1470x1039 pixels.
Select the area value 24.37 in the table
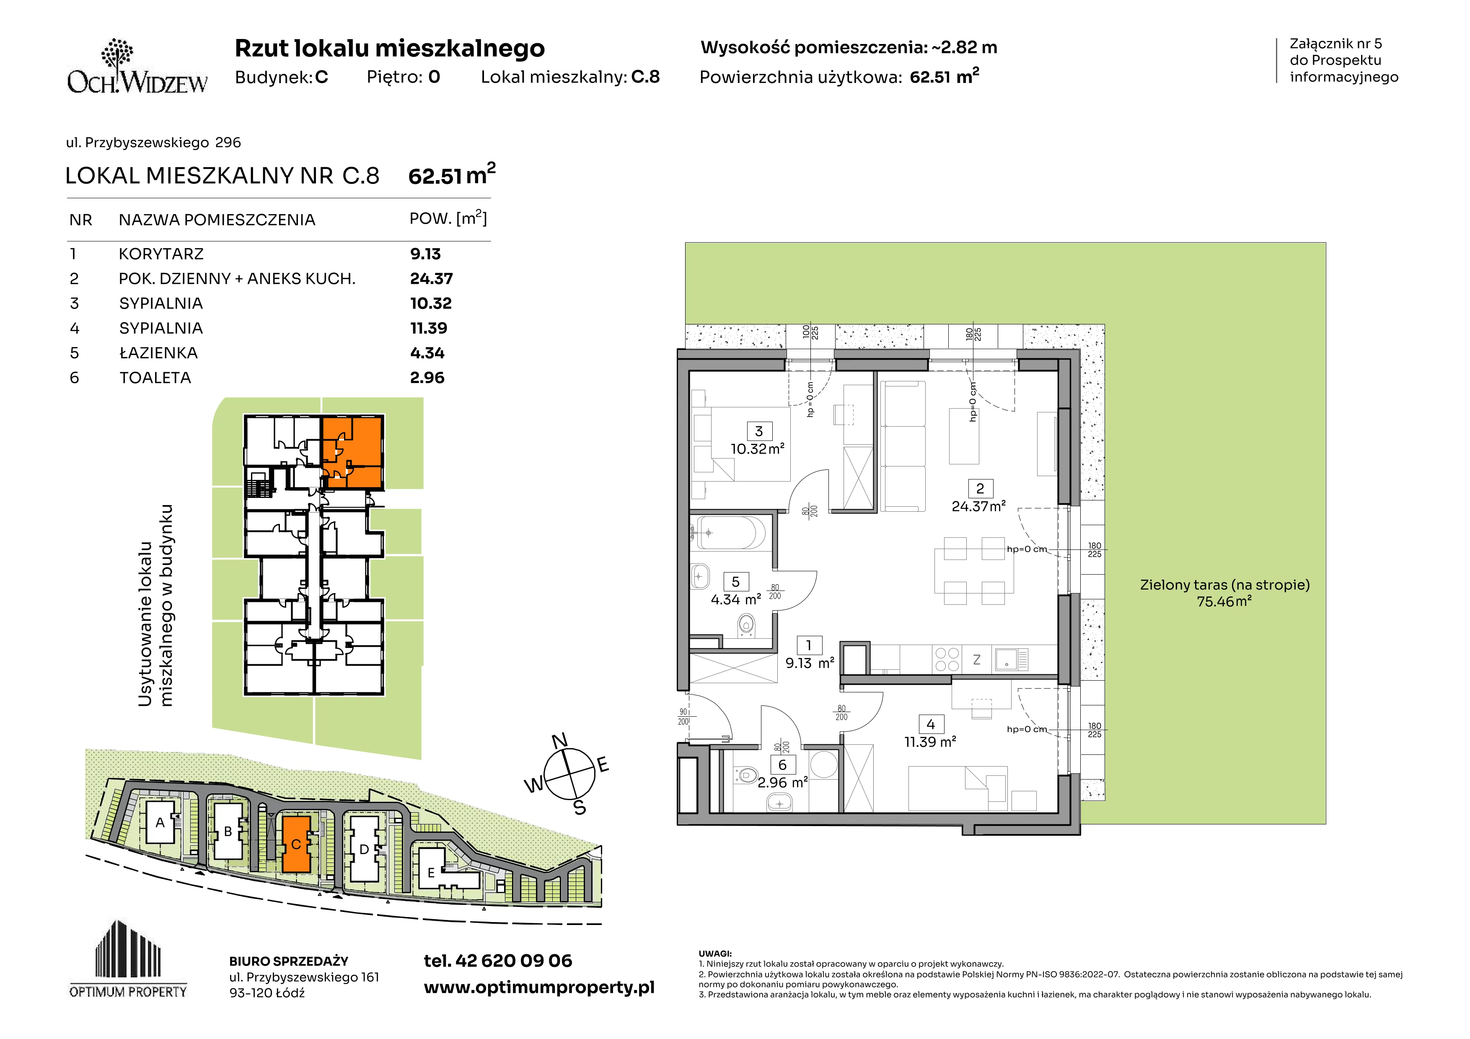click(x=431, y=279)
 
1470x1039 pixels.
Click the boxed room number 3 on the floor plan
click(x=759, y=431)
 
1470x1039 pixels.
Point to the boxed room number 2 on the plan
click(x=980, y=488)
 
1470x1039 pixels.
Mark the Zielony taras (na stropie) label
click(x=1225, y=585)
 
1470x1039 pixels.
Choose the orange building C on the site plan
click(x=296, y=844)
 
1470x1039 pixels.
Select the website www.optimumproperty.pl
click(x=539, y=988)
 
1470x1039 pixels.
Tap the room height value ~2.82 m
click(x=963, y=47)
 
